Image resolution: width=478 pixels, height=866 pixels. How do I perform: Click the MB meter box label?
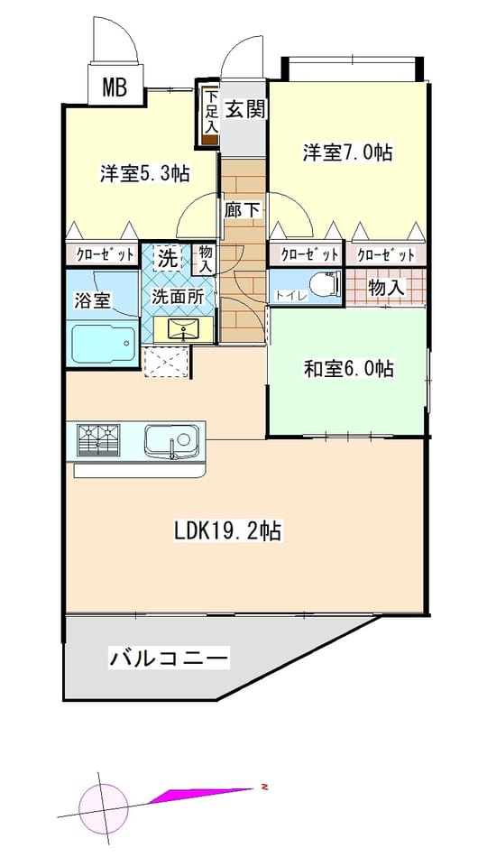click(115, 87)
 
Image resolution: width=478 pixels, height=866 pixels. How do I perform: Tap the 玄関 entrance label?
click(245, 110)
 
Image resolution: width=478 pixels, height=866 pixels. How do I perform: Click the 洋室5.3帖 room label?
click(145, 174)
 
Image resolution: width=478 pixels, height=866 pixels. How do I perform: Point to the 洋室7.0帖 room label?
click(348, 152)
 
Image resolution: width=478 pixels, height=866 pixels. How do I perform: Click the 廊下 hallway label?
click(243, 209)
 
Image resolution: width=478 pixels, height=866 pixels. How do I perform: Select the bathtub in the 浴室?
click(103, 344)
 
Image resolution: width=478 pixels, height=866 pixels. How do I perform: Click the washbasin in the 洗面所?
click(183, 330)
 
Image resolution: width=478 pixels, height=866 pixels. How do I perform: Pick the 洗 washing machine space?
click(167, 259)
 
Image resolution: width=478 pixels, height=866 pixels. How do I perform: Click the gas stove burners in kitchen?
click(99, 439)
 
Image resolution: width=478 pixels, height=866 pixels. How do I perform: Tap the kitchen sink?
click(171, 439)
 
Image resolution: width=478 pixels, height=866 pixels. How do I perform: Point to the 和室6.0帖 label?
click(349, 368)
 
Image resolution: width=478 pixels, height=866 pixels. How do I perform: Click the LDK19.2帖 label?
click(228, 531)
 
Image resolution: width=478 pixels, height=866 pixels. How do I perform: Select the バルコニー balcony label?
click(169, 659)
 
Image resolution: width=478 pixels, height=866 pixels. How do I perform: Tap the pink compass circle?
click(104, 808)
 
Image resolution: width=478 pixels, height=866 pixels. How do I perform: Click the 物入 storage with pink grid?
click(386, 287)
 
